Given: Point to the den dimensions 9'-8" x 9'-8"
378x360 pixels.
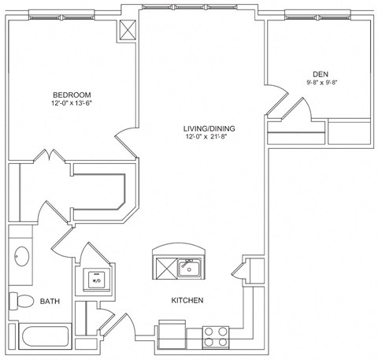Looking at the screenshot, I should click(x=322, y=82).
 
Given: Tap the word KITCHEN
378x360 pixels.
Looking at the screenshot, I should click(x=188, y=301).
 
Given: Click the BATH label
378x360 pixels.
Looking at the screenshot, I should click(x=50, y=301).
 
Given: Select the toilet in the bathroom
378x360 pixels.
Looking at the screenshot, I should click(x=21, y=300).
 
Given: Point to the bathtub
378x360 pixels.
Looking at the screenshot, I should click(x=47, y=336).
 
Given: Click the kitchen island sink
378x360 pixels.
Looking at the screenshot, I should click(x=187, y=267).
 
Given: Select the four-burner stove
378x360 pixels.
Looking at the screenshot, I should click(x=215, y=336).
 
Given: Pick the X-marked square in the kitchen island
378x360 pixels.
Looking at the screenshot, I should click(x=165, y=268).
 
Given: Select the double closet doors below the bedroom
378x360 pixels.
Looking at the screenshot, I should click(x=54, y=158).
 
